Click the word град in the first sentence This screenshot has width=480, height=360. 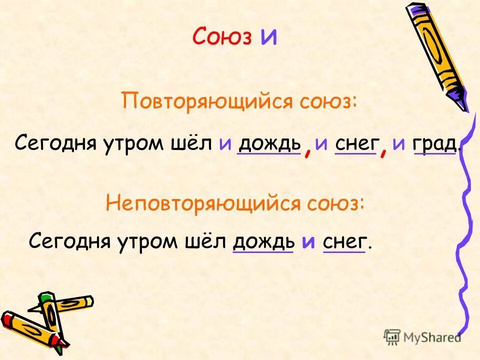(x=434, y=143)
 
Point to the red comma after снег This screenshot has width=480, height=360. (x=383, y=148)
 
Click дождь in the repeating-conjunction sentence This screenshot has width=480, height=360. (x=268, y=143)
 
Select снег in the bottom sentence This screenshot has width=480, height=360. (x=345, y=241)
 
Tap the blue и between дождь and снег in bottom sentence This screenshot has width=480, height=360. (x=308, y=242)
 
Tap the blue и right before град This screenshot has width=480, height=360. (x=398, y=144)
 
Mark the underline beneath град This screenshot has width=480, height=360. (x=434, y=154)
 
